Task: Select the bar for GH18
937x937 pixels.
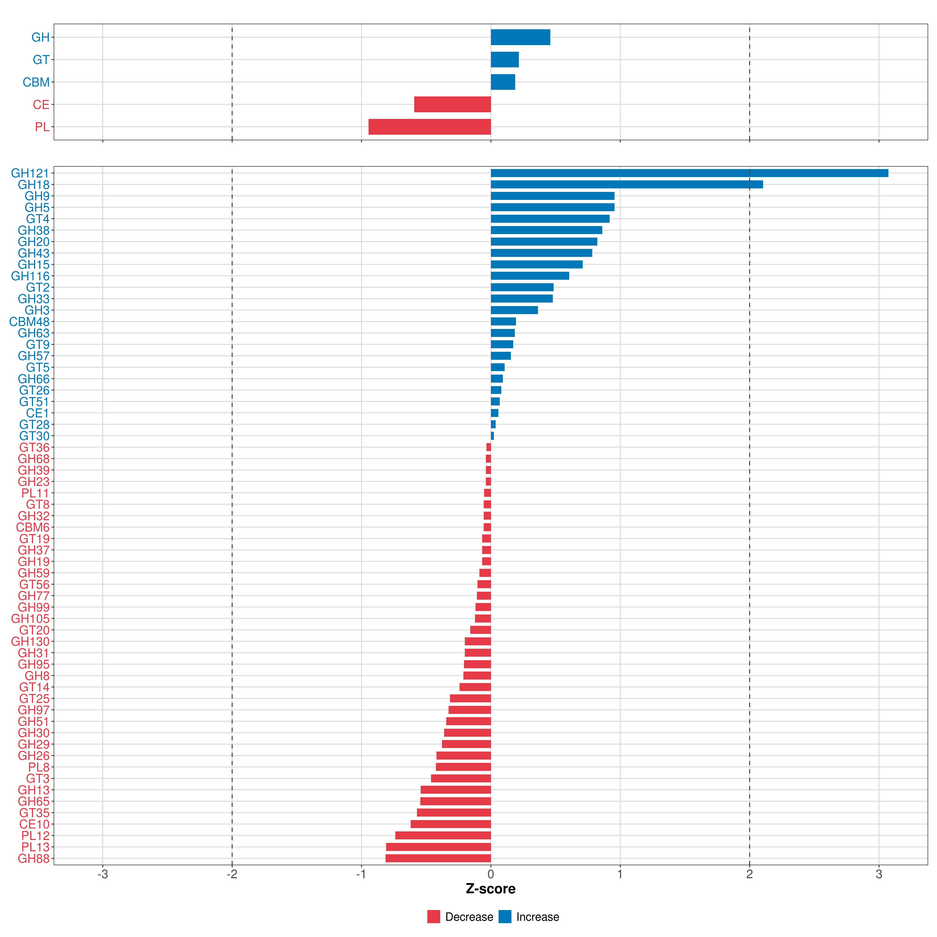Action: pyautogui.click(x=627, y=184)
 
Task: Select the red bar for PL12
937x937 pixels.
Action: pyautogui.click(x=443, y=836)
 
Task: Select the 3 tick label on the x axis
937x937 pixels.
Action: pyautogui.click(x=879, y=875)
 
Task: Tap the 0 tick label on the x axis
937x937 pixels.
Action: pyautogui.click(x=491, y=875)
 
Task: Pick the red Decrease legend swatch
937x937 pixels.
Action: pyautogui.click(x=434, y=917)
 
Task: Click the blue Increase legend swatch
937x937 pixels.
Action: pyautogui.click(x=505, y=917)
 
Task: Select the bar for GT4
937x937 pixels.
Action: pyautogui.click(x=550, y=219)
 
